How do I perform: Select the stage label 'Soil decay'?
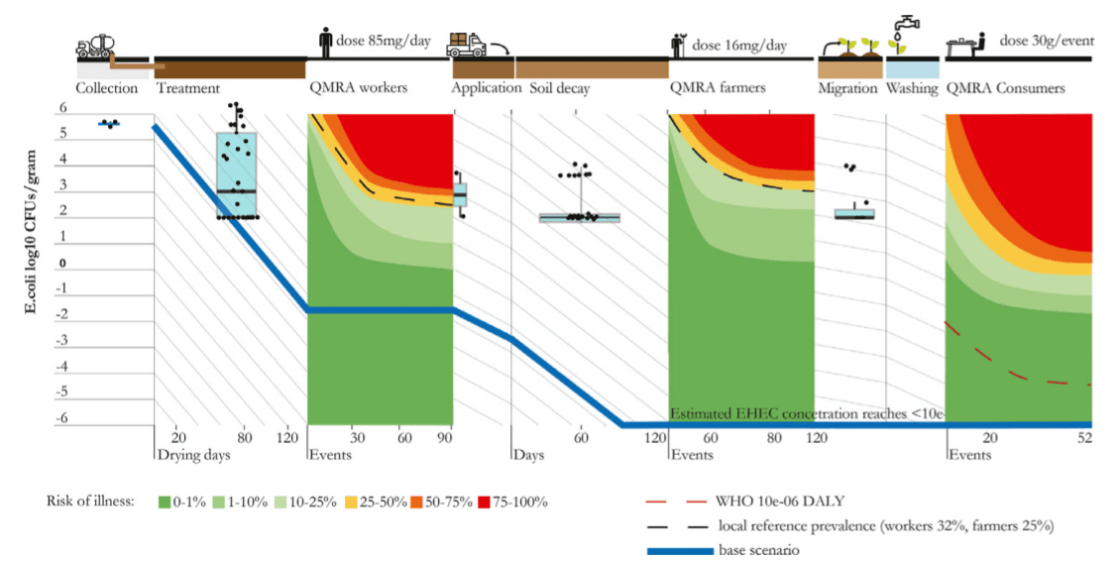559,88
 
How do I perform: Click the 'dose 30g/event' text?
1045,42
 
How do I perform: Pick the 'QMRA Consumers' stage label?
1005,88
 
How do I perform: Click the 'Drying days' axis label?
188,455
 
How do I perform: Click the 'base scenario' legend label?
759,549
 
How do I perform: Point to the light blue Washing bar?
912,68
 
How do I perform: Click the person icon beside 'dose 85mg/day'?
324,43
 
